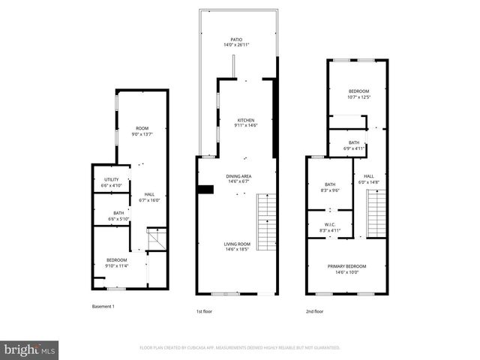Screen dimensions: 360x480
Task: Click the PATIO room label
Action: point(236,39)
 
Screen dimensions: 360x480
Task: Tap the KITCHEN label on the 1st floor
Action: point(247,120)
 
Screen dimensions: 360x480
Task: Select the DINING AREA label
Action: point(239,175)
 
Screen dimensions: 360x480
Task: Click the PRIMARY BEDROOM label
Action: point(346,266)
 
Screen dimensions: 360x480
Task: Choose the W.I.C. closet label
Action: point(330,224)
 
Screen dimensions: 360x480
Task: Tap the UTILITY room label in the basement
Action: point(112,179)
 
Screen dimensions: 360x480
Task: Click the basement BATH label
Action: point(118,213)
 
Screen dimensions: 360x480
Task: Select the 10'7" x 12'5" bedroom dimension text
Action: point(358,96)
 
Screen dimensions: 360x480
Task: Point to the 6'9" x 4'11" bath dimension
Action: point(354,148)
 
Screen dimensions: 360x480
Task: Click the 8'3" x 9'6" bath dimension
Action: point(330,190)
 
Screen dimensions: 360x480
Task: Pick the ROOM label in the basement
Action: point(141,129)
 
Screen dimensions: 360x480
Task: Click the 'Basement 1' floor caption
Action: point(103,307)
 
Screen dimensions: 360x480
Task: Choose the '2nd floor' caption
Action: point(314,310)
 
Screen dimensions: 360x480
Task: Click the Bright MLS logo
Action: point(30,349)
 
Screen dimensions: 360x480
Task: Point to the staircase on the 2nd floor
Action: point(376,213)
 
